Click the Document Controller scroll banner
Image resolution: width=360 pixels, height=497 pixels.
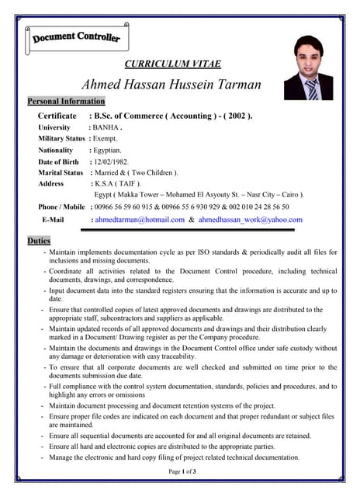click(77, 37)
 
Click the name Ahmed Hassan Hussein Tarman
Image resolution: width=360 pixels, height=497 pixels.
click(171, 84)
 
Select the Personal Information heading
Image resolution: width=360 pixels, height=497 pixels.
click(66, 102)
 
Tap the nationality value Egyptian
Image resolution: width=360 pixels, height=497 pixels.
click(108, 150)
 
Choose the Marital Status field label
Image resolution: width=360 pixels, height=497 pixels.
click(61, 172)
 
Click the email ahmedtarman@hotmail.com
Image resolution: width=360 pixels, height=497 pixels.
click(138, 220)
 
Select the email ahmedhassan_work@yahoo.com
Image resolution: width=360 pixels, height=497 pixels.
click(250, 220)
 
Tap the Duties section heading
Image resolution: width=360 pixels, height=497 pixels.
click(39, 241)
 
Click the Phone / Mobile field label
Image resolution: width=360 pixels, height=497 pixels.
click(61, 207)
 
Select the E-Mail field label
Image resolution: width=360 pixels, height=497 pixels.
click(53, 220)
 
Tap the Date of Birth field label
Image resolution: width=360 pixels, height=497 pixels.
click(59, 162)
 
